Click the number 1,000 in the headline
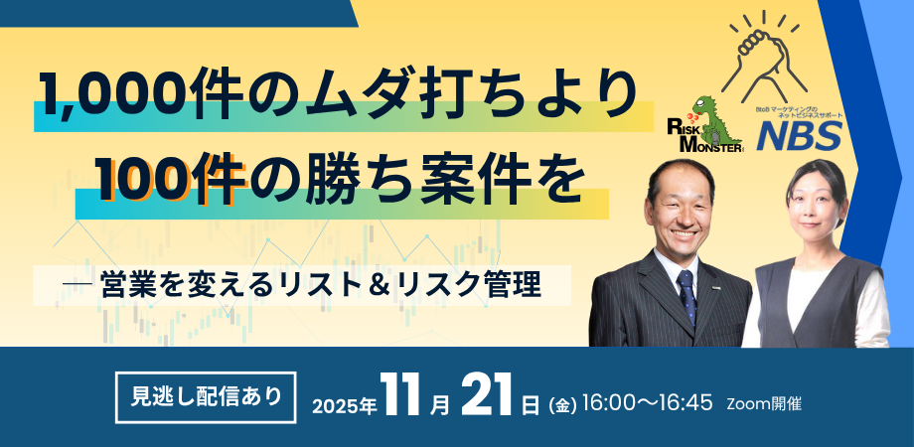tap(105, 97)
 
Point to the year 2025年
tap(343, 405)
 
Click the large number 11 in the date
tap(404, 397)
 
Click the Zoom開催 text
tap(764, 404)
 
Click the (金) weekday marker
tap(561, 405)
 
